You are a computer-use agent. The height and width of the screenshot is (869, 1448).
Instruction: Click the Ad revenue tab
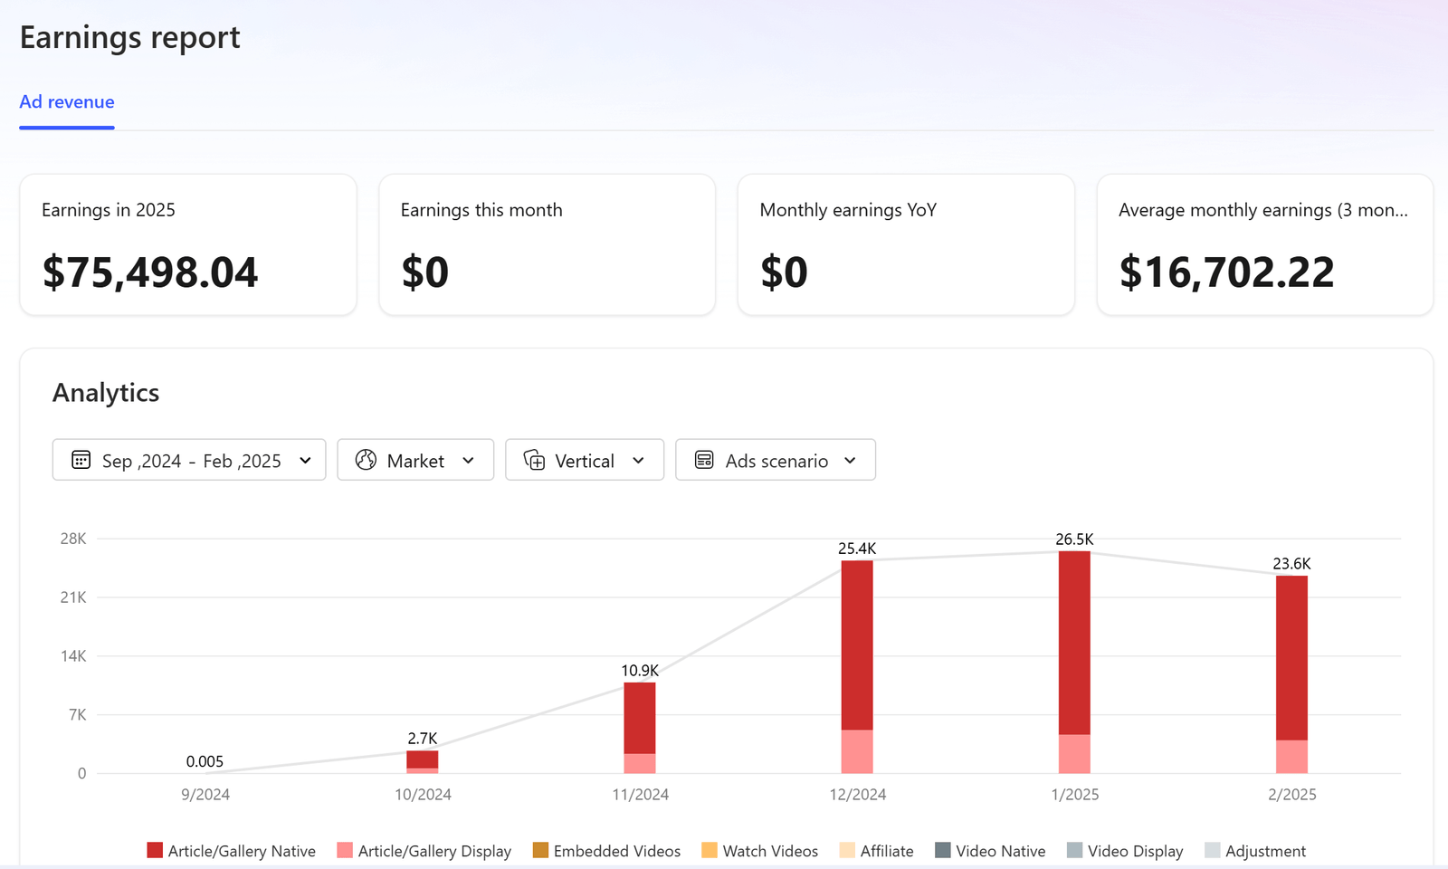point(67,102)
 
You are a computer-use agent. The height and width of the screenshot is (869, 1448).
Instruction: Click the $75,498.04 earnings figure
point(150,272)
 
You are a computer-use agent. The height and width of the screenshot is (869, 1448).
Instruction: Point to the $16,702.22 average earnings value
point(1226,272)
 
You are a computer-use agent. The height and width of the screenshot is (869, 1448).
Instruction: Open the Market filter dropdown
point(415,460)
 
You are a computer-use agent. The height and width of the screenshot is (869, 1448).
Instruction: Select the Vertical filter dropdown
point(585,460)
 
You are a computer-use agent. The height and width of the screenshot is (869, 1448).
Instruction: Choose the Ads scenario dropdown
point(776,460)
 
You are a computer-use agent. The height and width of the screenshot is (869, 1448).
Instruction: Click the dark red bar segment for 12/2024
point(857,645)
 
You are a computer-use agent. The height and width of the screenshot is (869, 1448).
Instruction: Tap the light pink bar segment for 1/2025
point(1074,754)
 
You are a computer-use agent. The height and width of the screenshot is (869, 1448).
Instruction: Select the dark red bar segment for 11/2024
point(640,718)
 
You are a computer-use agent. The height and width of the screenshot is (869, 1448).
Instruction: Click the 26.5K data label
point(1074,540)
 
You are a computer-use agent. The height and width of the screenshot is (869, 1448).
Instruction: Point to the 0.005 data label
point(205,761)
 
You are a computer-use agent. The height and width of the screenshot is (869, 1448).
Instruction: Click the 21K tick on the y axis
point(73,597)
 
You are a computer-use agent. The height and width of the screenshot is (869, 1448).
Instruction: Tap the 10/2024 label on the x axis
point(423,795)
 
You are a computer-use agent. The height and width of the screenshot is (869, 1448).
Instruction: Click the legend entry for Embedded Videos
point(616,851)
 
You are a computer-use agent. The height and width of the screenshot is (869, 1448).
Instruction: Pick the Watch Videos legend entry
point(769,851)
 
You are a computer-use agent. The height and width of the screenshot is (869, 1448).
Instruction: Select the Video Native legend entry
point(999,851)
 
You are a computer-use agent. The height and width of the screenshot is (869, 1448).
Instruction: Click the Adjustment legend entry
point(1264,851)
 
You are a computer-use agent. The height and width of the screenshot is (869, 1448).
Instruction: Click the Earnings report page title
point(130,38)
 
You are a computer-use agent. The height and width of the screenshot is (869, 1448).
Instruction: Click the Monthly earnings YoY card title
point(848,210)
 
